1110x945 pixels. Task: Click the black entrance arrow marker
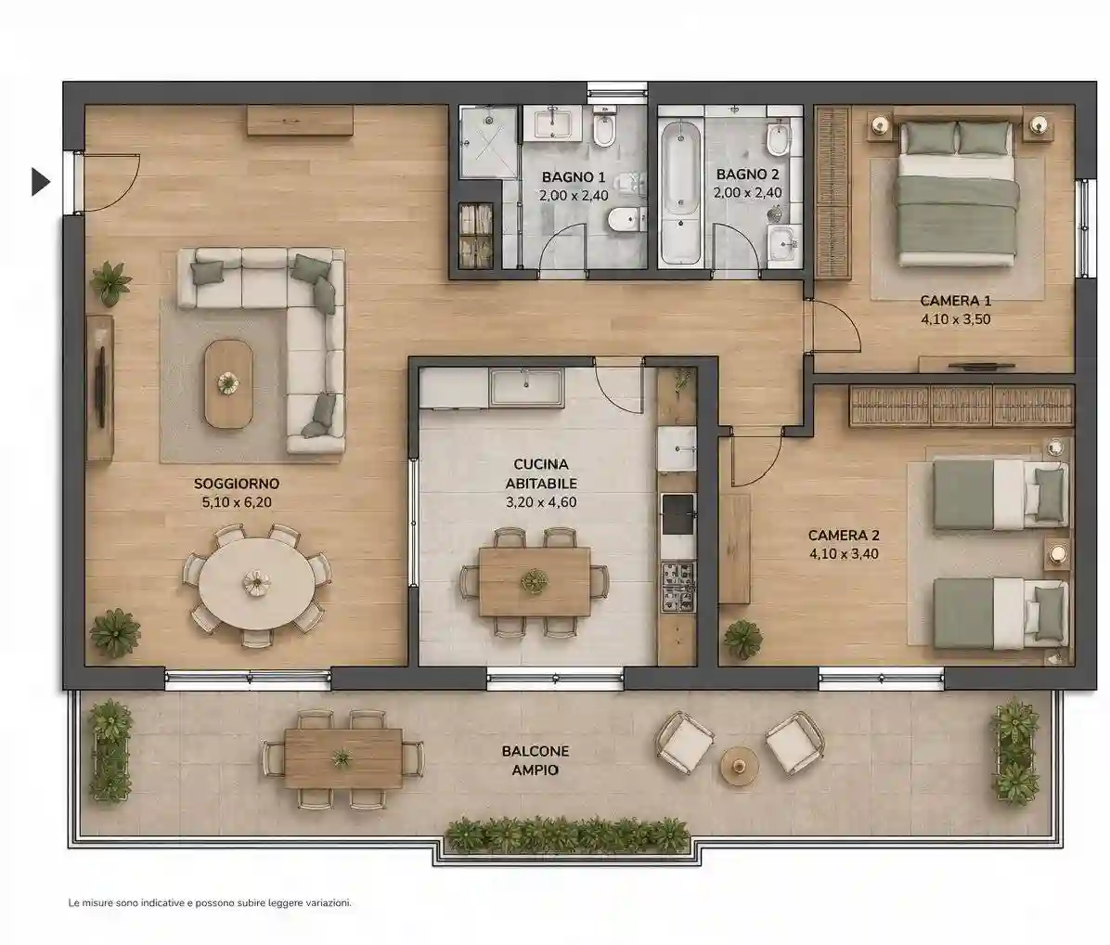pos(40,182)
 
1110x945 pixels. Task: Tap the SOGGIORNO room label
pos(237,485)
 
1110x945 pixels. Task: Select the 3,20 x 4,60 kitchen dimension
pos(541,502)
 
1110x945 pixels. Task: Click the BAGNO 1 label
pos(574,177)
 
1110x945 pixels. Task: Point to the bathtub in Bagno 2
pos(680,192)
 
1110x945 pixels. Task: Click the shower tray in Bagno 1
pos(488,142)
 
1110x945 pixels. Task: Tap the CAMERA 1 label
pos(955,301)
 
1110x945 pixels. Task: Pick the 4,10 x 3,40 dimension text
pos(844,554)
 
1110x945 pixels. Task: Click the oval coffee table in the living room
pos(228,383)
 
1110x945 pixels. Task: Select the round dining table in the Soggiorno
pos(256,583)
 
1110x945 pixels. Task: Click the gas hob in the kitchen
pos(678,587)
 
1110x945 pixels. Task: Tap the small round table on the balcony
pos(740,765)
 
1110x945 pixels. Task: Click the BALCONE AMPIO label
pos(536,760)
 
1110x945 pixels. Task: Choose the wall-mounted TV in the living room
pos(101,388)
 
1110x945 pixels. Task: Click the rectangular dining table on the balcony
pos(343,758)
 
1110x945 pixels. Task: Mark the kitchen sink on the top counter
pos(527,386)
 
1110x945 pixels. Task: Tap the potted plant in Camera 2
pos(743,640)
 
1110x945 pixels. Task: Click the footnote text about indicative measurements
pos(210,902)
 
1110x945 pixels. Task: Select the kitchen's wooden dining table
pos(535,582)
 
